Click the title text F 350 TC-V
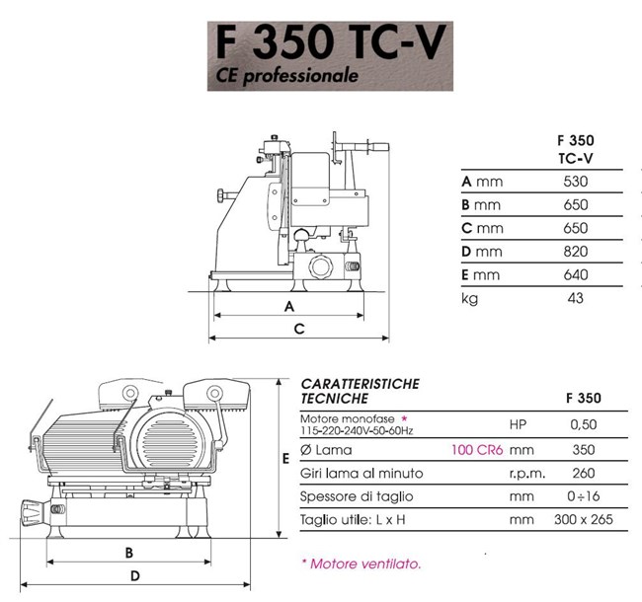(331, 42)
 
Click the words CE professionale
(287, 76)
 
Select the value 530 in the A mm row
(575, 182)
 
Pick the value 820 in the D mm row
(575, 251)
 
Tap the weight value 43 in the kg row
(575, 298)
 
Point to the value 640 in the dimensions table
(575, 274)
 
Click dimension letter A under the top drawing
(289, 306)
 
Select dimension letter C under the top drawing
(299, 329)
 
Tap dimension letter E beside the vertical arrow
(285, 459)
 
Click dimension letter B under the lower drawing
(129, 553)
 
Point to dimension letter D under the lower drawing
(135, 576)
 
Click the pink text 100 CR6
(477, 450)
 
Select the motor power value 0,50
(584, 424)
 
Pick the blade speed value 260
(584, 473)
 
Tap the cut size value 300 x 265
(584, 519)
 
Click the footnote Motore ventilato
(361, 564)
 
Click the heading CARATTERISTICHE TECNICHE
(361, 391)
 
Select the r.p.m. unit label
(527, 474)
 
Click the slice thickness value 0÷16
(584, 496)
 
